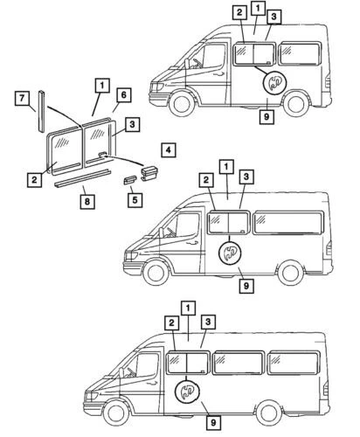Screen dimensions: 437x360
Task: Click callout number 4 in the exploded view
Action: (x=167, y=149)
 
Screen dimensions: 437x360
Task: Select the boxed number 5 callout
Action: (x=135, y=198)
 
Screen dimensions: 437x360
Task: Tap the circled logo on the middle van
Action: (x=230, y=253)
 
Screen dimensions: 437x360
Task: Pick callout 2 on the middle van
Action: (x=205, y=180)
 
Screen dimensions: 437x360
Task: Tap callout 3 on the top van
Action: (x=274, y=17)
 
